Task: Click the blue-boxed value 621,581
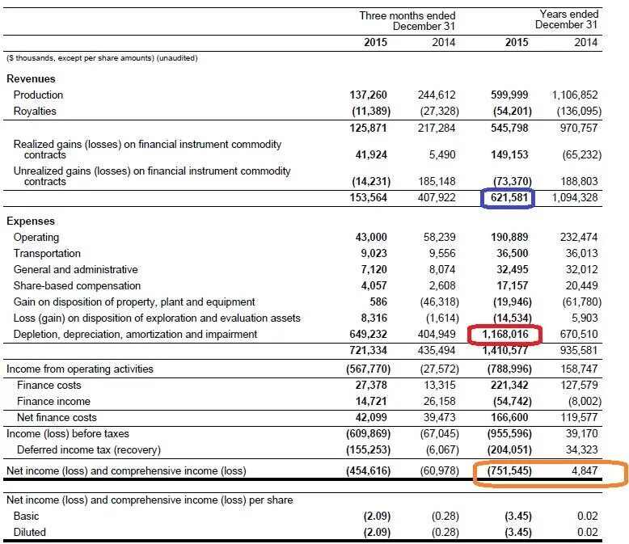[507, 197]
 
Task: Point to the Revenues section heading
[31, 79]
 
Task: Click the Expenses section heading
[31, 221]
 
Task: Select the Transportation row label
[47, 253]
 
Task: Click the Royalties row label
[35, 111]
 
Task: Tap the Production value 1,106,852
[575, 95]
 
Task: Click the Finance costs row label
[49, 386]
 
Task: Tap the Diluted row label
[30, 532]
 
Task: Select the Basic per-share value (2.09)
[371, 516]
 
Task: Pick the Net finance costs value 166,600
[511, 417]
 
